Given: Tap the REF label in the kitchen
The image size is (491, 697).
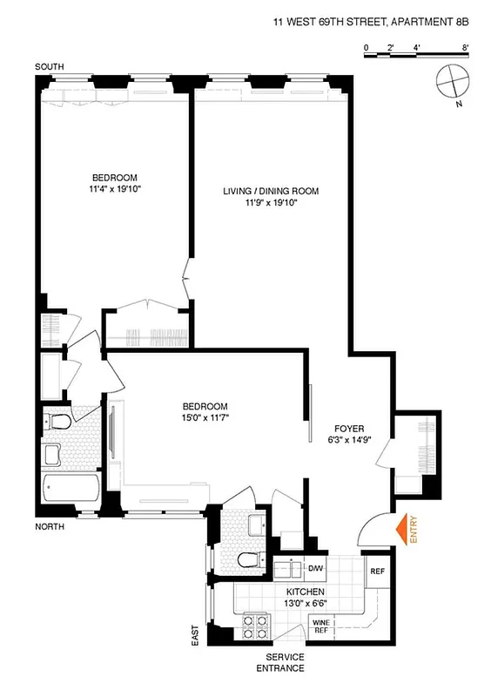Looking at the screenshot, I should click(x=377, y=572).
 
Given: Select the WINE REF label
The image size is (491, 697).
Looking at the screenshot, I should click(x=321, y=625).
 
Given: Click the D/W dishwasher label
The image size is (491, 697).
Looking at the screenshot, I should click(x=315, y=569).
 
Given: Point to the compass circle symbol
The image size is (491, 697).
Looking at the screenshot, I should click(x=453, y=81).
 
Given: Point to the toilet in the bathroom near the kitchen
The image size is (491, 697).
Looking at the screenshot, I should click(x=246, y=558).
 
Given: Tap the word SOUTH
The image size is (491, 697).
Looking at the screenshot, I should click(x=50, y=67).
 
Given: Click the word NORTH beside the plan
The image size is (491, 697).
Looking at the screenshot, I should click(x=50, y=527).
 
